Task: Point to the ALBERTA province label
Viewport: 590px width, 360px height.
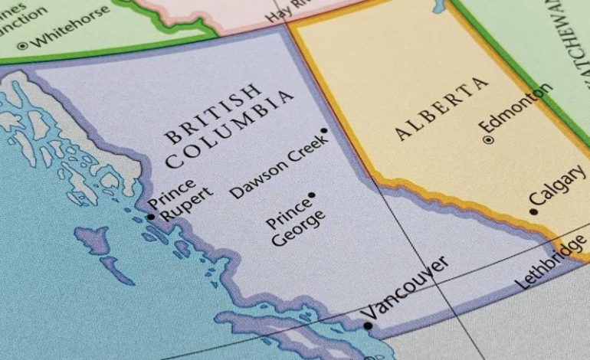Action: pos(441,108)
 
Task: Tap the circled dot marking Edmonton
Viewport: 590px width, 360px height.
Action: pos(488,139)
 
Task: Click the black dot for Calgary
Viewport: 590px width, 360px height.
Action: pos(533,211)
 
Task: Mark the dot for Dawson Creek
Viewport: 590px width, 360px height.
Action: pos(324,131)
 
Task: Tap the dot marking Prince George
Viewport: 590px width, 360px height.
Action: pos(311,195)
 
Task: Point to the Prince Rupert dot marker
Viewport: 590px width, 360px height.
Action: pos(151,217)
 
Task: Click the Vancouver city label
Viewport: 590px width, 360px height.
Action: pos(404,288)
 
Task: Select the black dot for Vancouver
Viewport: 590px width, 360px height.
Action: pos(368,326)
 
